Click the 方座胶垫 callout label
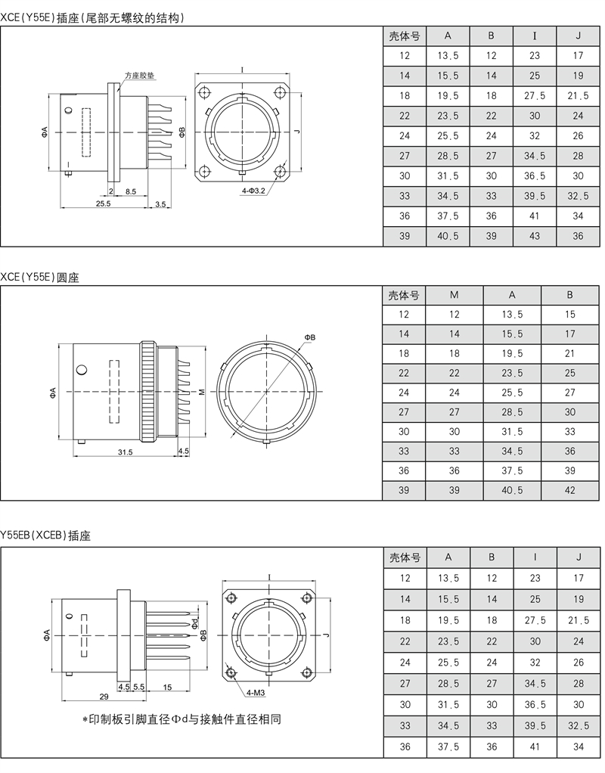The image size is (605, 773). click(140, 76)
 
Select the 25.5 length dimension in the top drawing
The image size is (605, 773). click(103, 203)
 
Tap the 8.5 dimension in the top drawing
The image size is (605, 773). click(130, 191)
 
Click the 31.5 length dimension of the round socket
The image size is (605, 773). click(125, 452)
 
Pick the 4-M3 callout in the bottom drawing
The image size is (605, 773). click(256, 693)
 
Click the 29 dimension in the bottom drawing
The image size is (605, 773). click(104, 697)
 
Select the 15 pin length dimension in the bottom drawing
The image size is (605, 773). click(167, 687)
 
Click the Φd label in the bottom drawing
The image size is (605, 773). click(195, 622)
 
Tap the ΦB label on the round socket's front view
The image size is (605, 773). click(309, 337)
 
